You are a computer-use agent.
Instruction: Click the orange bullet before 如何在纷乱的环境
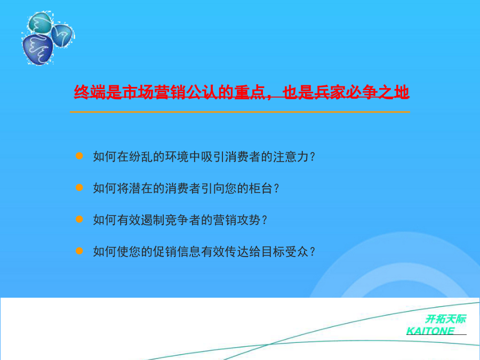click(x=79, y=156)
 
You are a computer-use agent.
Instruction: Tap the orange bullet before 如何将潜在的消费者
click(x=79, y=188)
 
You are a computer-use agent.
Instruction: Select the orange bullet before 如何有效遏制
click(x=79, y=220)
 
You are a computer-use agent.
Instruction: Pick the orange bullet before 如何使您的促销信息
click(x=79, y=251)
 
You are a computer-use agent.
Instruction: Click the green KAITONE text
click(x=430, y=331)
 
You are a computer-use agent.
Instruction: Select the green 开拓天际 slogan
click(x=446, y=319)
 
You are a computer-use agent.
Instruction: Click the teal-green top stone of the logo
click(x=40, y=22)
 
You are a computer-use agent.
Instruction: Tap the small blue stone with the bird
click(x=62, y=36)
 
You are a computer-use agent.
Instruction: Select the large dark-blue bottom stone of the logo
click(x=38, y=49)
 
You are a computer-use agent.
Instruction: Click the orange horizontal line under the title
click(x=240, y=112)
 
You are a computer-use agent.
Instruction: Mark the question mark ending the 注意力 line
click(x=313, y=157)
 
